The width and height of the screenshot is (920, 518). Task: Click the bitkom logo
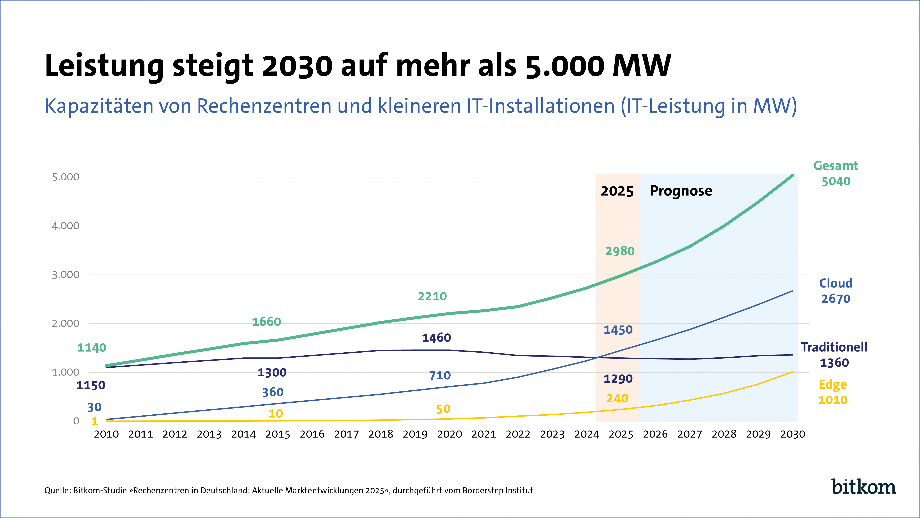(864, 487)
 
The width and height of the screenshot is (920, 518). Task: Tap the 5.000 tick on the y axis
(66, 177)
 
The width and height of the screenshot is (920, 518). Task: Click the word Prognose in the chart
(681, 191)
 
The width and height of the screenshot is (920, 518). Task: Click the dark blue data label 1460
(436, 338)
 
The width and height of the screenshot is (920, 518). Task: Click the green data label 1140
(92, 348)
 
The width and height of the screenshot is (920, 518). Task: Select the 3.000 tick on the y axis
(66, 275)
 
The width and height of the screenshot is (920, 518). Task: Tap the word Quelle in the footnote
(57, 491)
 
